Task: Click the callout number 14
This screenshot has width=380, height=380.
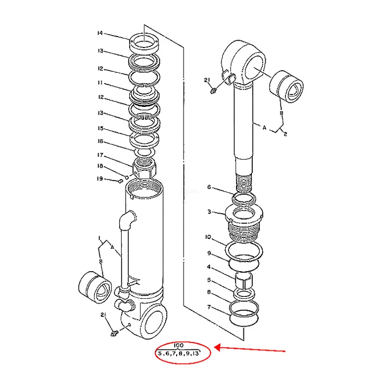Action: click(100, 33)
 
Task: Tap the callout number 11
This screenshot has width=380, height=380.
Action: click(100, 83)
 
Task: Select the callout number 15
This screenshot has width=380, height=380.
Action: click(100, 128)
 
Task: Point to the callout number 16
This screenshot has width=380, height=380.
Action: click(100, 141)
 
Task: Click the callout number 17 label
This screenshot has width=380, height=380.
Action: click(100, 155)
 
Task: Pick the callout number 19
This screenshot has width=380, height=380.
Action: click(100, 179)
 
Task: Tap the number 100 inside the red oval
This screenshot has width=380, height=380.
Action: click(179, 345)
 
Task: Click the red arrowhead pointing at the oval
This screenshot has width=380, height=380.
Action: click(217, 347)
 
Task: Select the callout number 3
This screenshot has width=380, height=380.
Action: click(209, 212)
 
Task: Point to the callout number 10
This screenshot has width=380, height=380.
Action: click(208, 237)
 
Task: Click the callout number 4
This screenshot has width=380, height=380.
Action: click(209, 267)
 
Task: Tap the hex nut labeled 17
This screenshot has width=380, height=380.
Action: click(144, 168)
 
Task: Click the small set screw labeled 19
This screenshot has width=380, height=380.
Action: click(120, 181)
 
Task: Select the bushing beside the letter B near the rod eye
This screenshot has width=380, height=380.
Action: click(286, 87)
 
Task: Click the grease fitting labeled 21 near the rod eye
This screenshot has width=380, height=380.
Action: click(213, 91)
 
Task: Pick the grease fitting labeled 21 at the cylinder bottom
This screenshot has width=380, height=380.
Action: click(114, 333)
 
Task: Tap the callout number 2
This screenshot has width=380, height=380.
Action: click(285, 134)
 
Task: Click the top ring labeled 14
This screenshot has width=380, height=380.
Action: click(144, 44)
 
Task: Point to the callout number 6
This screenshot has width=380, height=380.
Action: click(209, 187)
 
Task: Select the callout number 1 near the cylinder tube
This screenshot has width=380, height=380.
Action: click(99, 238)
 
